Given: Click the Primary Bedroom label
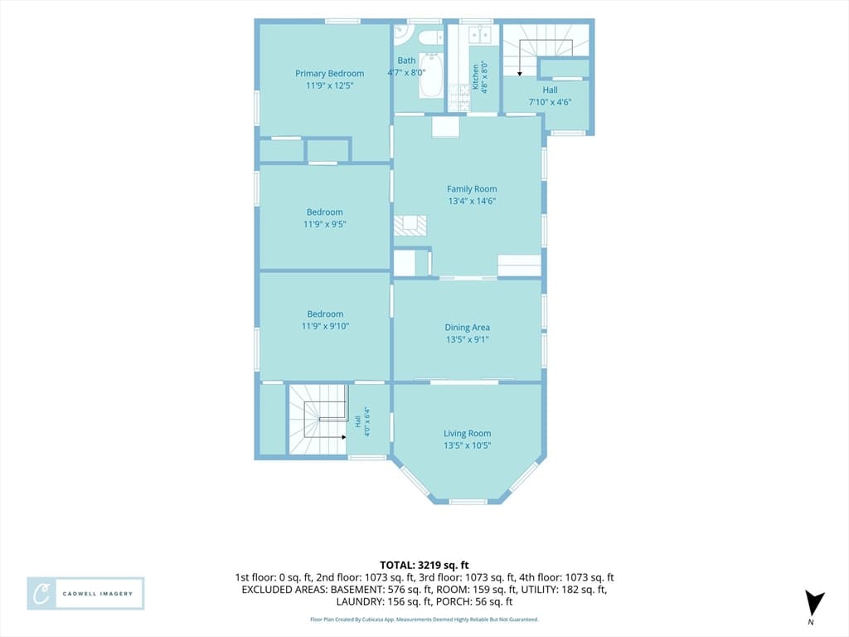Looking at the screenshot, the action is coord(329,74).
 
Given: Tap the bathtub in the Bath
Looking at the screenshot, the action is coord(431,75).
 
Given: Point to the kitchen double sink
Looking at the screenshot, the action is coord(480,35).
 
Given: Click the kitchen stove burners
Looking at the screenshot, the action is coord(458,98).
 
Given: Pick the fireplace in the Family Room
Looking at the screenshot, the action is coord(410,225).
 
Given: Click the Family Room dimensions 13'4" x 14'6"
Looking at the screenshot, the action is coord(472,201).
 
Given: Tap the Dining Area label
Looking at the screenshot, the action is coord(468,327).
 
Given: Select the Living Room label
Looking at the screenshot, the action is coord(468,433).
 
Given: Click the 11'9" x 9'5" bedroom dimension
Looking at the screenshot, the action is coord(324,224).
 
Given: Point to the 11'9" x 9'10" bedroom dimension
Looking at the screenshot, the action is coord(325,326).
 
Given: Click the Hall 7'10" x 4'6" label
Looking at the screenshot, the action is coord(551,96).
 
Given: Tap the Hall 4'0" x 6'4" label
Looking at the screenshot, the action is coord(362,422).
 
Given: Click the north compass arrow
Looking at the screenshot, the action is coord(813,604).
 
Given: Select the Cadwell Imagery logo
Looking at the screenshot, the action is coord(85,594).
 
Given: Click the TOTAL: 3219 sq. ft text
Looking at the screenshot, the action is coord(424,566).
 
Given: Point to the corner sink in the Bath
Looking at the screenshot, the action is coord(403,34).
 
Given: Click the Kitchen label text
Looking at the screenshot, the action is coord(476,77).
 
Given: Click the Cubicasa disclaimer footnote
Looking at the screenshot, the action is coord(424,619).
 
